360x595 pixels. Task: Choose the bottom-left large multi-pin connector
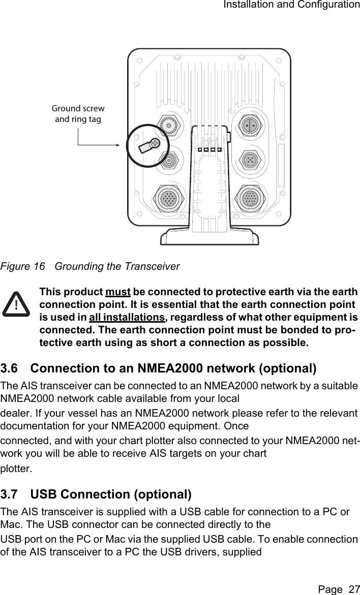[169, 198]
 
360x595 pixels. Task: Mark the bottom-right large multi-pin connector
[249, 198]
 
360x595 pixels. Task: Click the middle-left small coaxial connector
[168, 160]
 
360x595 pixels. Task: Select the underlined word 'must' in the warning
[118, 293]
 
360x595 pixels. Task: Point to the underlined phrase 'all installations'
[127, 318]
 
